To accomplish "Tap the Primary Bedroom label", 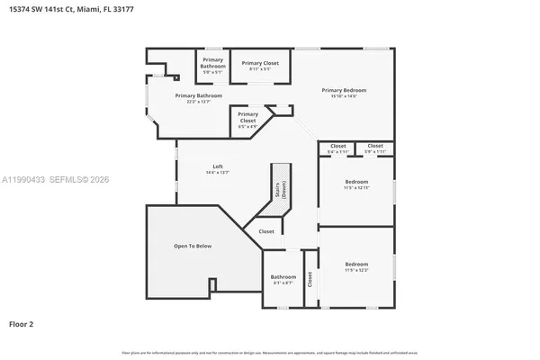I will tap(345, 90).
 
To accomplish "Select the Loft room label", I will tap(218, 166).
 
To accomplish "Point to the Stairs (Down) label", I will tap(281, 189).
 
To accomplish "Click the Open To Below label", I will tap(193, 246).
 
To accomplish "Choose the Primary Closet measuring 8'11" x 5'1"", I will tap(260, 63).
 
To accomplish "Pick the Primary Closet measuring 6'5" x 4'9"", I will tap(247, 114).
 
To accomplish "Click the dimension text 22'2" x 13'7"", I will tap(198, 102).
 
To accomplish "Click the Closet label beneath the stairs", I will tap(266, 231).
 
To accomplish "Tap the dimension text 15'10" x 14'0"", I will tap(345, 96).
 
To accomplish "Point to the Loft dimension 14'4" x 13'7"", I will tap(218, 173).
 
